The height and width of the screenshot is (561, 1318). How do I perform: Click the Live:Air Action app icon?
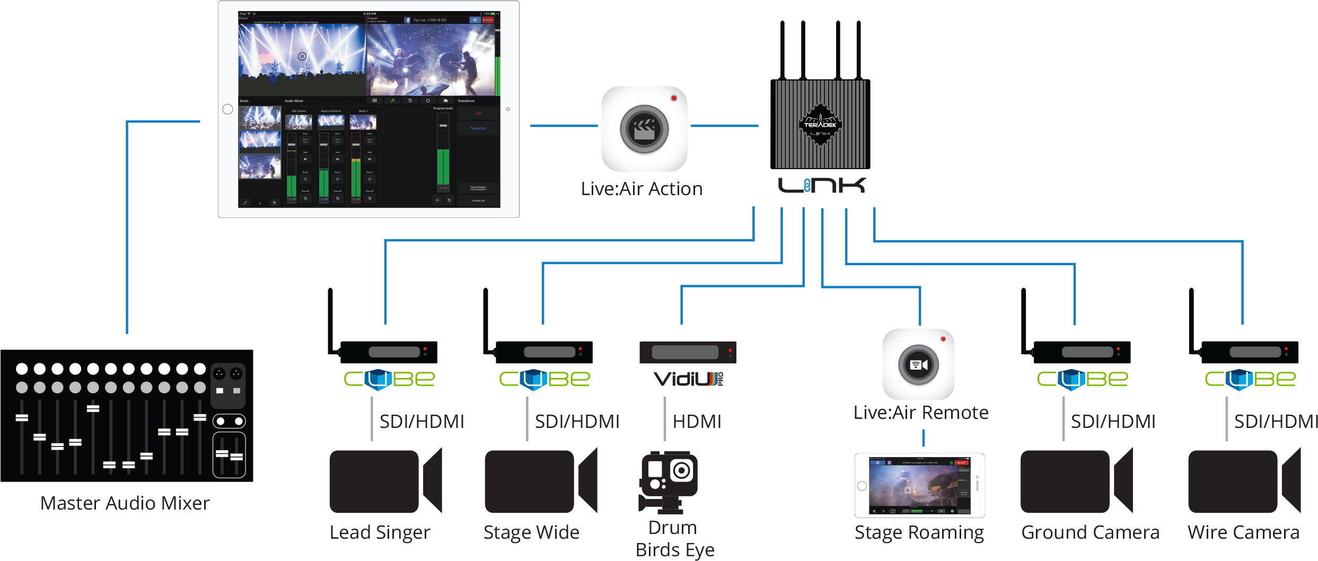click(x=644, y=129)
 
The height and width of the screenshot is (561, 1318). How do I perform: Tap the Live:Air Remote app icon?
click(x=918, y=364)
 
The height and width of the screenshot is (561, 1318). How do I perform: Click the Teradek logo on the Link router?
click(x=820, y=125)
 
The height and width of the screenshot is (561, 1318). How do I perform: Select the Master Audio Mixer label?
click(x=125, y=503)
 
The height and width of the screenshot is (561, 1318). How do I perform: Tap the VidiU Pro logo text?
click(x=688, y=379)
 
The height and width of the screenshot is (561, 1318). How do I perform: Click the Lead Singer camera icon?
click(x=385, y=481)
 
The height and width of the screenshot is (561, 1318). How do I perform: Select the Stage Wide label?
click(x=531, y=532)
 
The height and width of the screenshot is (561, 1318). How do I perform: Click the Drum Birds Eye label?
click(x=674, y=539)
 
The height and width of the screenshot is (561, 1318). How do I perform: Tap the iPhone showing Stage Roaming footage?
click(x=919, y=485)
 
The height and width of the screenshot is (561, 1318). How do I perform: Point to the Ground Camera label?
click(x=1090, y=532)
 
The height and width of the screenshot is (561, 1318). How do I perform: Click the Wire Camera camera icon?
click(x=1244, y=481)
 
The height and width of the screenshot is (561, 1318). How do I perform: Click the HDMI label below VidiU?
click(x=697, y=422)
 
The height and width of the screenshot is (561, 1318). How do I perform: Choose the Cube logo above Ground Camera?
click(x=1083, y=379)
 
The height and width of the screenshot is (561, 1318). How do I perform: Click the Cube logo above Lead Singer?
click(x=389, y=379)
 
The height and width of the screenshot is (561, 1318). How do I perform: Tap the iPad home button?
click(x=228, y=109)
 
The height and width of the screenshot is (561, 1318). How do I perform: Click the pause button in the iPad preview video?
click(x=302, y=56)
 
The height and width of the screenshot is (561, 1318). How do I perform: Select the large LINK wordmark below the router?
click(x=821, y=186)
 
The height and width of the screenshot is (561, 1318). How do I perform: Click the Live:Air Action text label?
click(x=642, y=189)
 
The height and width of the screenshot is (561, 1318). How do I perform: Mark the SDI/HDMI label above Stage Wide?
click(x=577, y=422)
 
